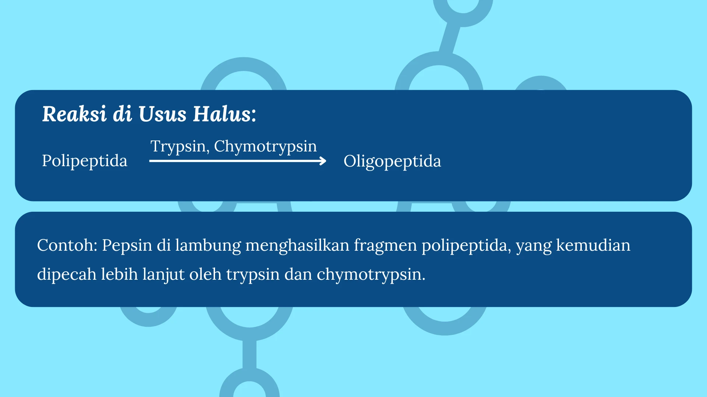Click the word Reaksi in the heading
point(74,114)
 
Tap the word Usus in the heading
point(162,114)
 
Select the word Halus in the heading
point(225,114)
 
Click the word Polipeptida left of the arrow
point(85,161)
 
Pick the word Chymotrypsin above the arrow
point(265,147)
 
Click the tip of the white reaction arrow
point(326,161)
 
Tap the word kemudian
point(593,245)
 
